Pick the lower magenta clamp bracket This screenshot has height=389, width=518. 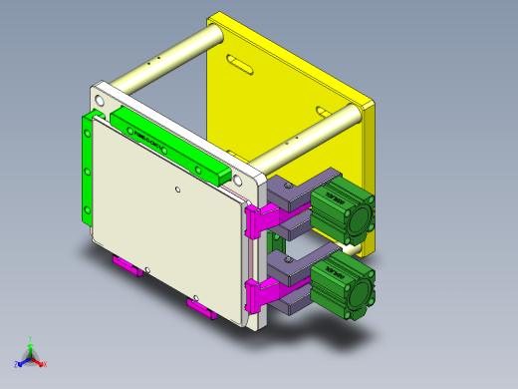(x=260, y=295)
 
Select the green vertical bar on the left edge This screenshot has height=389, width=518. (x=87, y=170)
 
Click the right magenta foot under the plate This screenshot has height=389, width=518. (x=201, y=306)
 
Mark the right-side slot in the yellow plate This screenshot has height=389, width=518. (x=322, y=111)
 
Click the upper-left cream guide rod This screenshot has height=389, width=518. (x=164, y=61)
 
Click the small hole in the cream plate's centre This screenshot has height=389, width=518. (x=177, y=190)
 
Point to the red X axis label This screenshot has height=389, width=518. (x=45, y=365)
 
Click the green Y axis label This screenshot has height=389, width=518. (x=31, y=339)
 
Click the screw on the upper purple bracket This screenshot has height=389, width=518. (x=288, y=186)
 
